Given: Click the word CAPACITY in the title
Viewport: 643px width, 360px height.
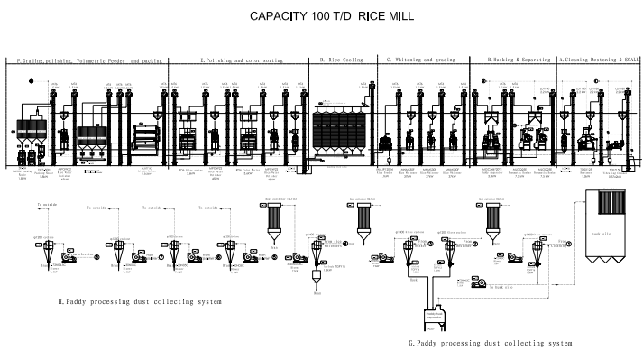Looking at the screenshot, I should click(x=278, y=17).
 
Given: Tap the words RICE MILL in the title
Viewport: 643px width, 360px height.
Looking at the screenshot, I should click(x=364, y=17).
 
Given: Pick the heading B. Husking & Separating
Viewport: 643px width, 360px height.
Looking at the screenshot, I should click(x=519, y=60).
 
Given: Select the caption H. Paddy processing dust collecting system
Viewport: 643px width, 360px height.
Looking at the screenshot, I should click(x=140, y=275).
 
